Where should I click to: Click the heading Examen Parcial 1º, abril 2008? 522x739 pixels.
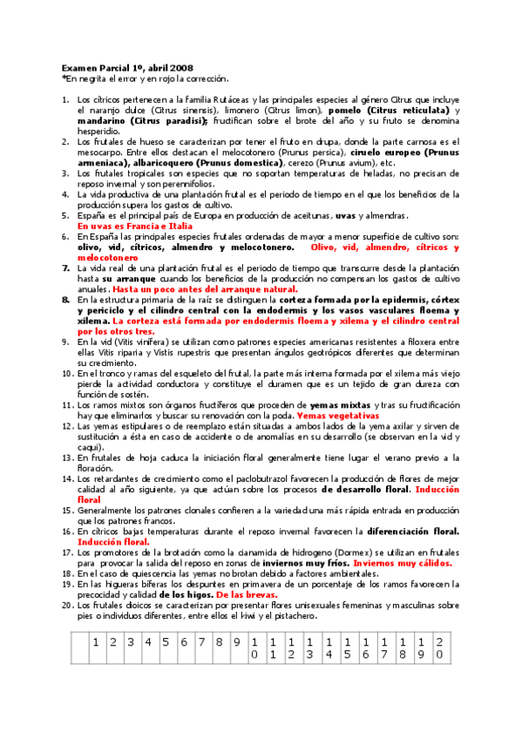click(127, 68)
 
